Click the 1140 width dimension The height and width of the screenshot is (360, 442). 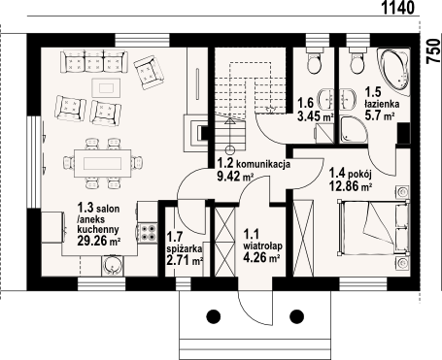click(398, 7)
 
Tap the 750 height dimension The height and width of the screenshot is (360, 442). click(434, 50)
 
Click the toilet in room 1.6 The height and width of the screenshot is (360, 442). click(314, 60)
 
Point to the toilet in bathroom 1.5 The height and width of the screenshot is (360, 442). click(357, 60)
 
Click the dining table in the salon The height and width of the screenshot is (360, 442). click(103, 163)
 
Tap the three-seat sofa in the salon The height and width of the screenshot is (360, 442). click(94, 61)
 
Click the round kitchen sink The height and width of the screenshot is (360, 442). click(113, 266)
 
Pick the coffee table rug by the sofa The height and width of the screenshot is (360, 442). click(106, 87)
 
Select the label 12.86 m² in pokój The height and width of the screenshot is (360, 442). click(351, 186)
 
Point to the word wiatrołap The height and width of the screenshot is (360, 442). click(262, 245)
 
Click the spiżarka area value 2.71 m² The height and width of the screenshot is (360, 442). click(185, 260)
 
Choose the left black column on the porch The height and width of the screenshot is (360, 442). click(214, 316)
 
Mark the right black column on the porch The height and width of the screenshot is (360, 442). click(296, 316)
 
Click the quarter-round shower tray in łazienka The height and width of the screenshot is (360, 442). click(354, 129)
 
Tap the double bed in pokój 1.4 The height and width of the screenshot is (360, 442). click(373, 226)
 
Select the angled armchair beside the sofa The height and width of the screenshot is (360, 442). click(149, 72)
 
